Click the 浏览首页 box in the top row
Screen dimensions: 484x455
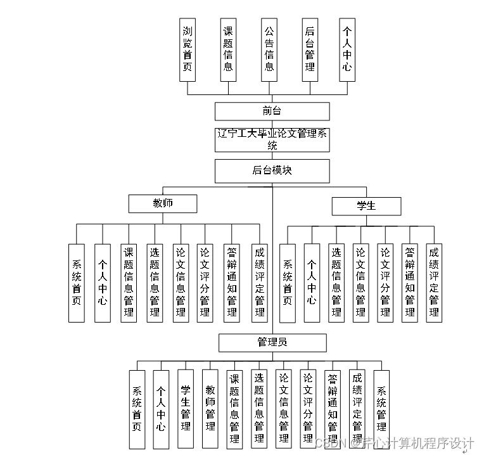point(188,49)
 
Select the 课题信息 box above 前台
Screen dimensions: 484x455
point(227,49)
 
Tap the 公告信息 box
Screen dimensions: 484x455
point(269,49)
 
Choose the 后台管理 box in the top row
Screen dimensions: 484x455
point(309,49)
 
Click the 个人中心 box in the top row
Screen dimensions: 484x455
point(347,49)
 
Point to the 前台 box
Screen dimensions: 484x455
point(272,112)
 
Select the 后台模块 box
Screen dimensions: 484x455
point(272,170)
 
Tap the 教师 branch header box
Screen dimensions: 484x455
point(163,203)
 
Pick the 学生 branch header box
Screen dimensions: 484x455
point(366,206)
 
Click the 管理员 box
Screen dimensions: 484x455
point(272,342)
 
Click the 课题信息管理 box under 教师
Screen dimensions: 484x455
point(129,283)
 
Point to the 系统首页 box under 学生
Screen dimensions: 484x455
point(287,283)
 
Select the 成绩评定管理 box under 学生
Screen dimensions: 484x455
point(434,283)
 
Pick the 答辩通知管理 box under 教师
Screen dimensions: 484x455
point(231,283)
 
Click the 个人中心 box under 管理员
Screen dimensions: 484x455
point(161,409)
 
